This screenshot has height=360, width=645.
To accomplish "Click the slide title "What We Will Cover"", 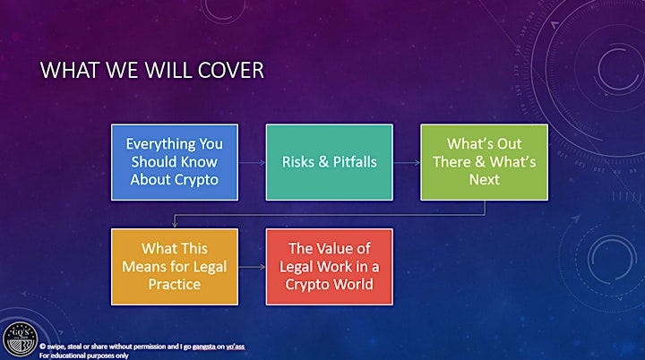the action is pos(151,70).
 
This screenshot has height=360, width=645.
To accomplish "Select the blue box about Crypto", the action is pos(175,162).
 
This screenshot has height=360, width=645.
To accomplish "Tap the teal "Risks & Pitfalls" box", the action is pos(330,162).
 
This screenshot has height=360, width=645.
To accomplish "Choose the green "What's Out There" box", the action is pos(484,162).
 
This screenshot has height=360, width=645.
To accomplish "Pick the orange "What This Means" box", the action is pos(175,267).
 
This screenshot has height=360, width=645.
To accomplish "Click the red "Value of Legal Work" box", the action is pos(330,267).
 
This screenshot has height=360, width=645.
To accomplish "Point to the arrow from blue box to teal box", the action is pos(252,162).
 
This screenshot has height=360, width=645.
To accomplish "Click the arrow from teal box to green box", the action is pos(407,162).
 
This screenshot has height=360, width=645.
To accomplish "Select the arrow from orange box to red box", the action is pos(252,267).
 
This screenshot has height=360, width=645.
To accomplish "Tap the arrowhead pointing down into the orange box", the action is pos(175,225).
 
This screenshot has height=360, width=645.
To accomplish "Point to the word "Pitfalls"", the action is pos(355,162).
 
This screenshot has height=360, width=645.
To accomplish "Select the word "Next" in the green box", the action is pos(484,179).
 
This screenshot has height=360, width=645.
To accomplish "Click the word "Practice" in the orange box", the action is pos(175,284).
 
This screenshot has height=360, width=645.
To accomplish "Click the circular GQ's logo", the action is pos(20,339).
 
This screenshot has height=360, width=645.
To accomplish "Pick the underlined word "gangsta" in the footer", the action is pos(204,347).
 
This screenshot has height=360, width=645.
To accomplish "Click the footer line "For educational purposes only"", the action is pos(84,356).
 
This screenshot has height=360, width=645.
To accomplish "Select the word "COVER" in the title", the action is pos(231,70).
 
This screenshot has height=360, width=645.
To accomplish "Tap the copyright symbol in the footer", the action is pos(42,347).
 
